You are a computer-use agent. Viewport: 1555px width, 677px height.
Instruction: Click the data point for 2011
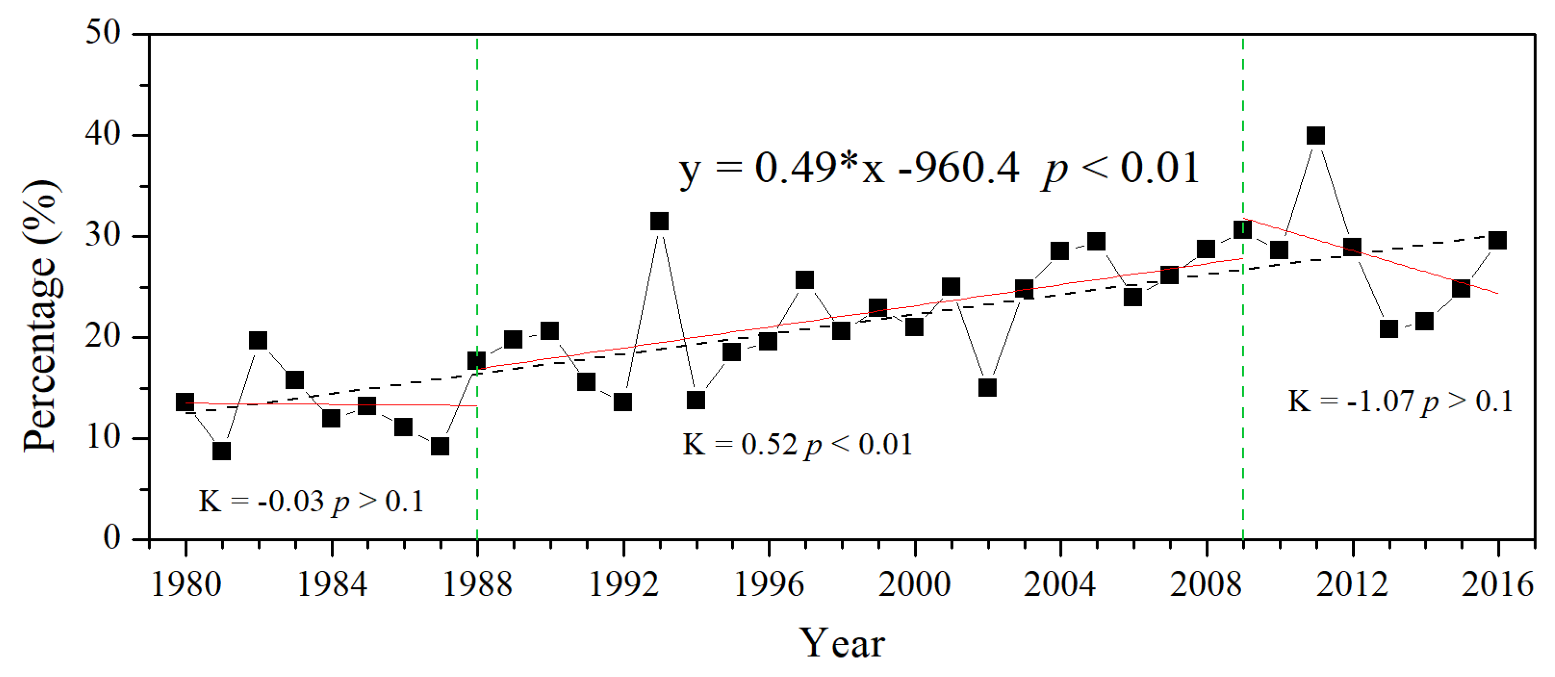(x=1315, y=135)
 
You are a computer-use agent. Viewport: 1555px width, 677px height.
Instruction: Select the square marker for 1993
(x=659, y=222)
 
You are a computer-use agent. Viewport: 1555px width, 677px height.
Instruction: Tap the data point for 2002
(x=987, y=387)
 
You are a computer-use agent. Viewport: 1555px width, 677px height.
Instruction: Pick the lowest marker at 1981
(x=222, y=451)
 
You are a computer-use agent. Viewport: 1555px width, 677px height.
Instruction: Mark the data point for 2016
(x=1497, y=241)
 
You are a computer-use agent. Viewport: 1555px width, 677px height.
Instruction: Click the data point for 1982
(x=258, y=340)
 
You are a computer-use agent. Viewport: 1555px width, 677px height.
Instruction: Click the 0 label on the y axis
(x=112, y=537)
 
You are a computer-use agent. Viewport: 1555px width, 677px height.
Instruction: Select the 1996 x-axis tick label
(x=768, y=584)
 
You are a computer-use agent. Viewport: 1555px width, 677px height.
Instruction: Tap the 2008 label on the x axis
(x=1206, y=584)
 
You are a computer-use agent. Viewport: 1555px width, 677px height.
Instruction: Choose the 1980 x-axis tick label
(x=186, y=584)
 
